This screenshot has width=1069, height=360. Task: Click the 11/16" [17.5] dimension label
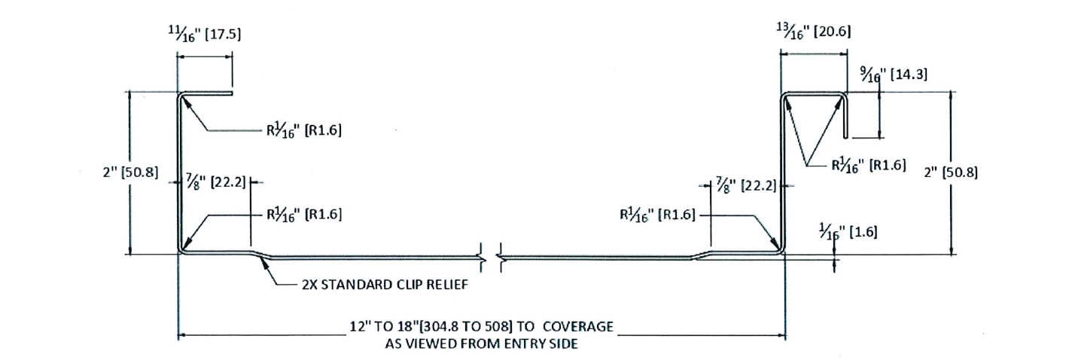pyautogui.click(x=204, y=34)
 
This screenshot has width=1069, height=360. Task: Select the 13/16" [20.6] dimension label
pyautogui.click(x=813, y=31)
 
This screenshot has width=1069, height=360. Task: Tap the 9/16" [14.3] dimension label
pyautogui.click(x=894, y=75)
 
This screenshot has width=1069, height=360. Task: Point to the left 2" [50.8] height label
pyautogui.click(x=130, y=172)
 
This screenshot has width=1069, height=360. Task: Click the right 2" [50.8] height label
pyautogui.click(x=951, y=172)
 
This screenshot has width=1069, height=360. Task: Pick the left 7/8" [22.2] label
pyautogui.click(x=216, y=182)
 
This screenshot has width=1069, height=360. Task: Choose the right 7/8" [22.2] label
pyautogui.click(x=747, y=185)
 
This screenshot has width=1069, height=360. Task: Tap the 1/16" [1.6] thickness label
pyautogui.click(x=848, y=232)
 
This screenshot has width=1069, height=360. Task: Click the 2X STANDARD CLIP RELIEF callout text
pyautogui.click(x=385, y=285)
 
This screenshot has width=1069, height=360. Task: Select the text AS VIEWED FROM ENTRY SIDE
pyautogui.click(x=481, y=343)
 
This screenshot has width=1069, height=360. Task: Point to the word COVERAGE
pyautogui.click(x=578, y=327)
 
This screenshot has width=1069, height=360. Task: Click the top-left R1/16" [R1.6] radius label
pyautogui.click(x=304, y=130)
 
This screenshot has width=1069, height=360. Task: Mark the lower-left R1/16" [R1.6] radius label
pyautogui.click(x=304, y=214)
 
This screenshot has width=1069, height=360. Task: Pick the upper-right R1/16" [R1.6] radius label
pyautogui.click(x=869, y=165)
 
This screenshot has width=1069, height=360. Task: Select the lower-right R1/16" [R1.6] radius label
pyautogui.click(x=657, y=215)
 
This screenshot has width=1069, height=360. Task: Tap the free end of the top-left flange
pyautogui.click(x=232, y=93)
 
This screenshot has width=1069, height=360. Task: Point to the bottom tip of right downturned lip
pyautogui.click(x=846, y=138)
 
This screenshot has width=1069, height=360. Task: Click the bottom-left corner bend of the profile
pyautogui.click(x=181, y=251)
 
